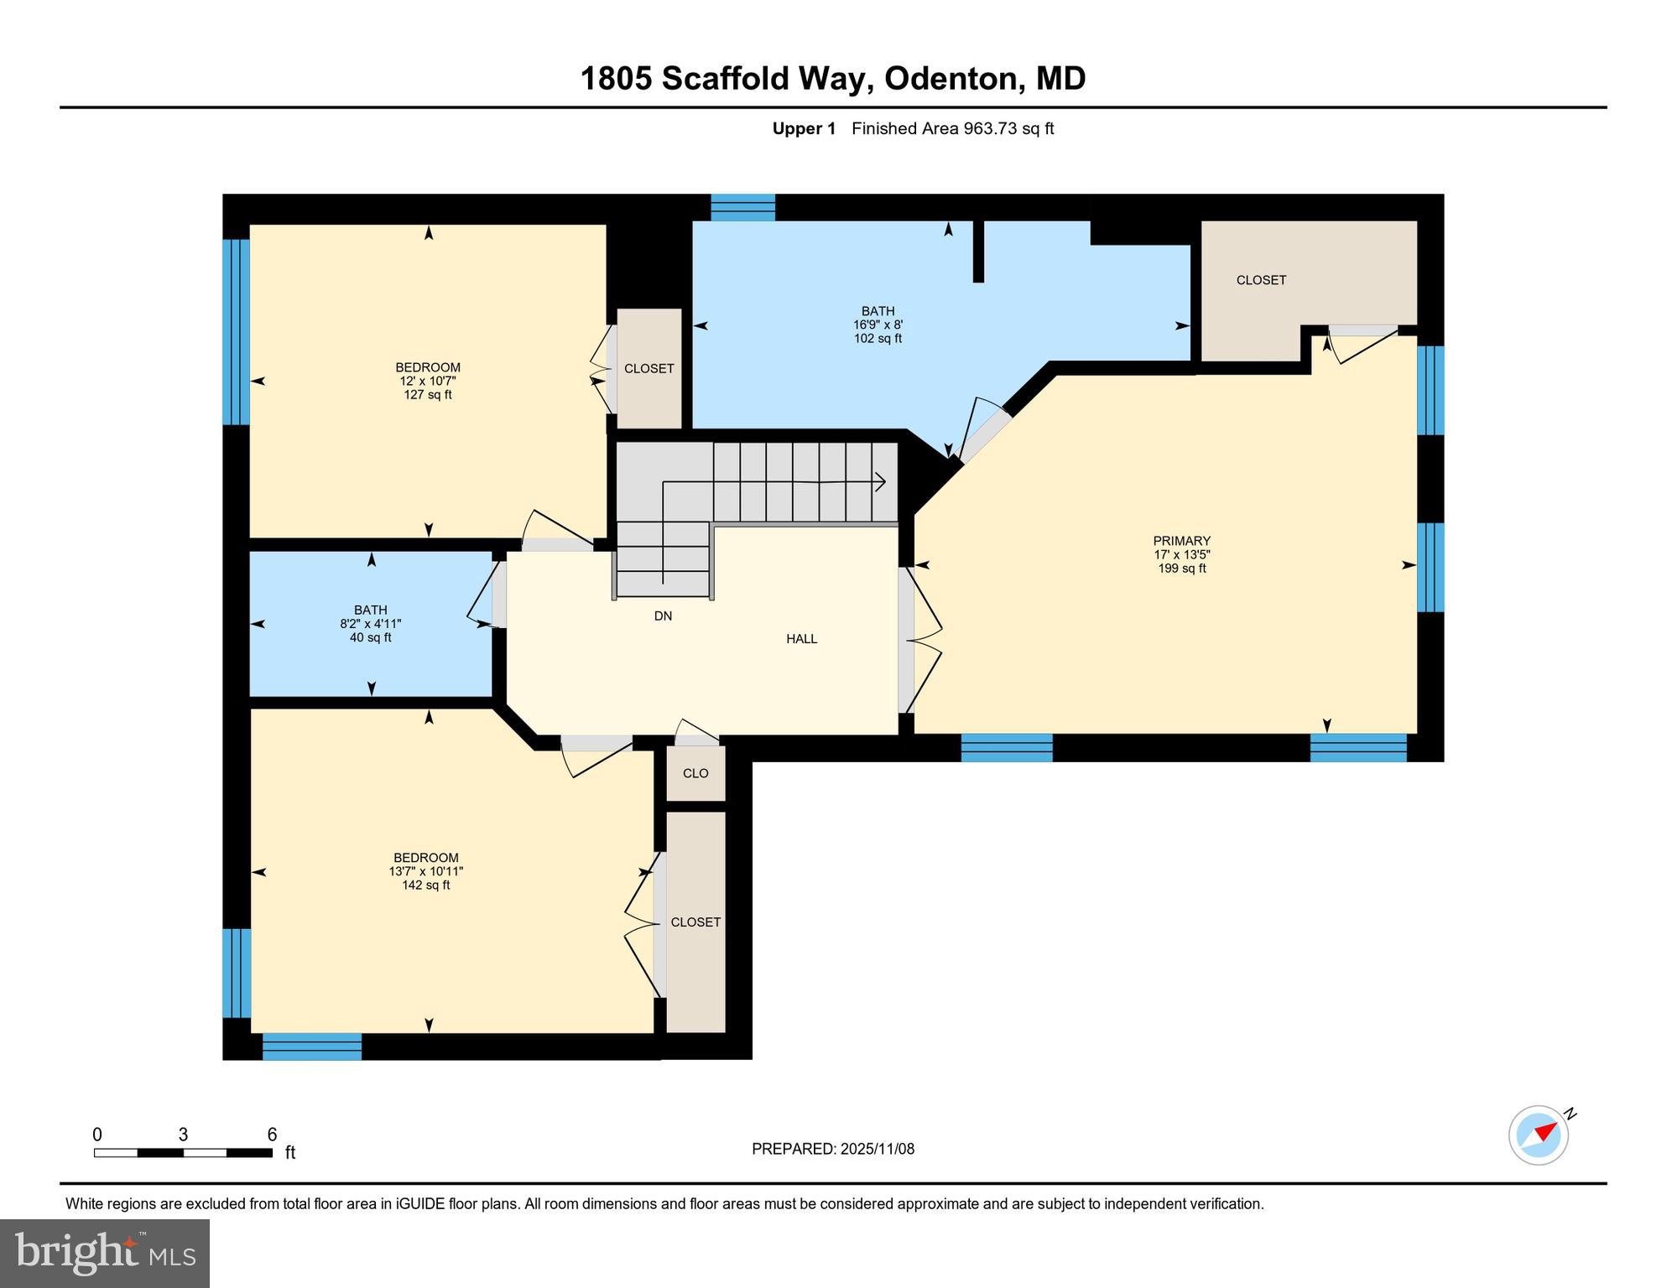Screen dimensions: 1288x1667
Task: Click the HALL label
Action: [x=801, y=639]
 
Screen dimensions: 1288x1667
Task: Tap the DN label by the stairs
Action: [x=663, y=616]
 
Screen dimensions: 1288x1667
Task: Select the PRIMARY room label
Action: [x=1181, y=541]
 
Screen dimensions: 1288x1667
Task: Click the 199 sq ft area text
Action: [x=1181, y=569]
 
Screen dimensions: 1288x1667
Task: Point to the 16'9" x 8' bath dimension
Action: [x=878, y=325]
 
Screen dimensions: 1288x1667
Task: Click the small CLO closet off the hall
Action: [x=695, y=774]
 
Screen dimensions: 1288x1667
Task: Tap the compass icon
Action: [x=1539, y=1135]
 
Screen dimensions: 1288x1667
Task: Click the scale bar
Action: [x=183, y=1153]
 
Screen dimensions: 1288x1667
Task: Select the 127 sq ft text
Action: [x=428, y=395]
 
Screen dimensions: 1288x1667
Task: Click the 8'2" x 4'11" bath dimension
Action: [x=370, y=624]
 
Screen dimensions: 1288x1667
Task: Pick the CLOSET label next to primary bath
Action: [x=1261, y=280]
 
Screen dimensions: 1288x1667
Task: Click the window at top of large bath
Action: [x=742, y=207]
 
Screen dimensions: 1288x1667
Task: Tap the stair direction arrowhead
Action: [x=880, y=481]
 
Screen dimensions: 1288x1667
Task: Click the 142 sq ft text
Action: [x=425, y=885]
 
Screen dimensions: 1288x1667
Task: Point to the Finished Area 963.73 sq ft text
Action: [x=952, y=128]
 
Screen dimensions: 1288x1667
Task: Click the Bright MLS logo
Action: [x=105, y=1254]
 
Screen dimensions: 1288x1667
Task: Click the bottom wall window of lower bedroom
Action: [x=312, y=1046]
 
